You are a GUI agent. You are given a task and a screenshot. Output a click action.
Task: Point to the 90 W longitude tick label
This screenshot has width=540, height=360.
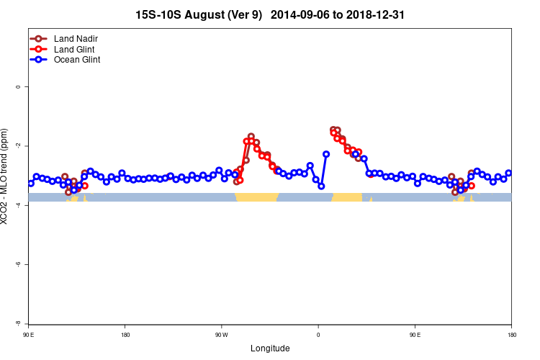tap(221, 335)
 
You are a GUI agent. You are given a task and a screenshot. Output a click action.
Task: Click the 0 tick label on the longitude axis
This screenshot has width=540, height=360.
tap(318, 335)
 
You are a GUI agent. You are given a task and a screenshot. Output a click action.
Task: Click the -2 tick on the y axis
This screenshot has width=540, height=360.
tap(18, 145)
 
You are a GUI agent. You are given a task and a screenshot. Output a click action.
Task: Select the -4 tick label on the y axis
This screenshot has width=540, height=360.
tap(18, 205)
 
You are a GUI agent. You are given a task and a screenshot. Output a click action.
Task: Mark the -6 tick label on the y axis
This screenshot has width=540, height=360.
tap(18, 264)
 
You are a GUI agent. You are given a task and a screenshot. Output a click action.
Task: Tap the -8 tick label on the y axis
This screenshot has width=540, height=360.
tap(18, 323)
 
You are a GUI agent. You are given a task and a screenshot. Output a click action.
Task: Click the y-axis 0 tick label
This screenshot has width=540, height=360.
tap(18, 86)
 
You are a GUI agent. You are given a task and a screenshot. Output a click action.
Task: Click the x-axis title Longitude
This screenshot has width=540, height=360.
tap(270, 348)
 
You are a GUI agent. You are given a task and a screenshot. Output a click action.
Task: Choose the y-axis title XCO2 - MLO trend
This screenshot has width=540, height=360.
tap(6, 176)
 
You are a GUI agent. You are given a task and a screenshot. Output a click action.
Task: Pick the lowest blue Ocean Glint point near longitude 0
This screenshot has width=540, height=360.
tap(321, 186)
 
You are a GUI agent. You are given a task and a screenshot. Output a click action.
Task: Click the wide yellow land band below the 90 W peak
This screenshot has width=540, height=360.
tap(257, 197)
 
